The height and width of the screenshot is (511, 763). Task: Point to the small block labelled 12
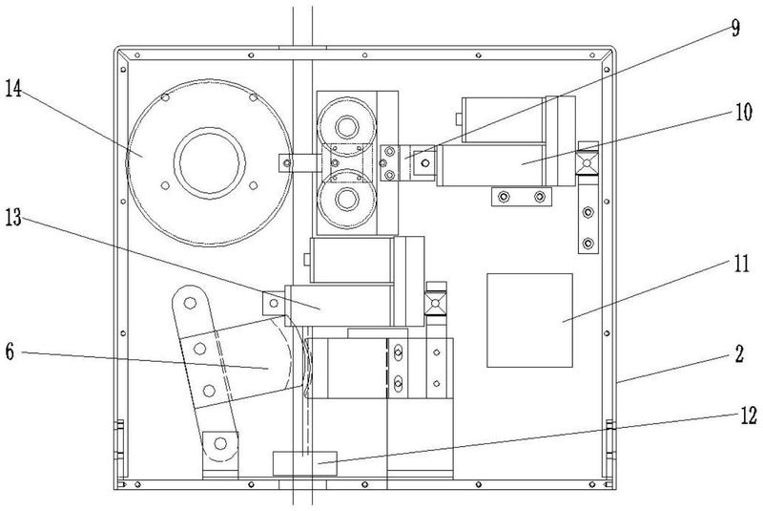tap(305, 463)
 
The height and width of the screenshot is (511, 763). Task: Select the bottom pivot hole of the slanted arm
tap(220, 442)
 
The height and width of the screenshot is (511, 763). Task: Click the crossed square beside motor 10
tap(587, 166)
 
